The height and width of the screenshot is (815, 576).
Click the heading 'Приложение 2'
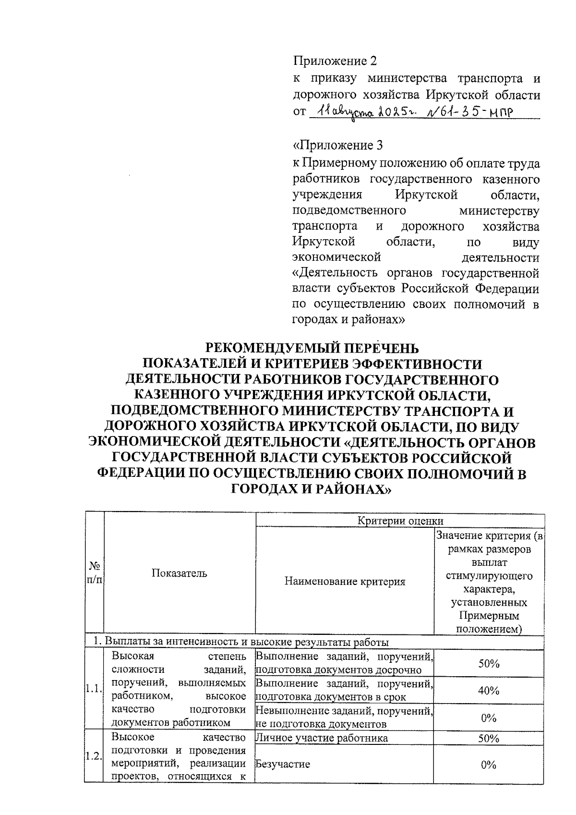point(335,61)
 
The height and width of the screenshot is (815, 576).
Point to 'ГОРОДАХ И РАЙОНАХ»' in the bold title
point(312,489)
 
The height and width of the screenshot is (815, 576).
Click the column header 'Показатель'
point(180,573)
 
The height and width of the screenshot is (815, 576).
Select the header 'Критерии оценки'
point(400,521)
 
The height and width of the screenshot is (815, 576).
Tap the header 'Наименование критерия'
point(345,582)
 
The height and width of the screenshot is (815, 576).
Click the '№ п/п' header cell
point(94,573)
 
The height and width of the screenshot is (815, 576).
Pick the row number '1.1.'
point(94,690)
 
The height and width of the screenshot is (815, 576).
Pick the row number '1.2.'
point(94,757)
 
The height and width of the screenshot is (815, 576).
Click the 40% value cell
point(489,691)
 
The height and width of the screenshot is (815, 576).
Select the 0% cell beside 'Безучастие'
point(489,765)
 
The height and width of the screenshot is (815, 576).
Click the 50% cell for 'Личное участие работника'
point(489,738)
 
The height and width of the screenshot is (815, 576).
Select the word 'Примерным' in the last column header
point(489,616)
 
